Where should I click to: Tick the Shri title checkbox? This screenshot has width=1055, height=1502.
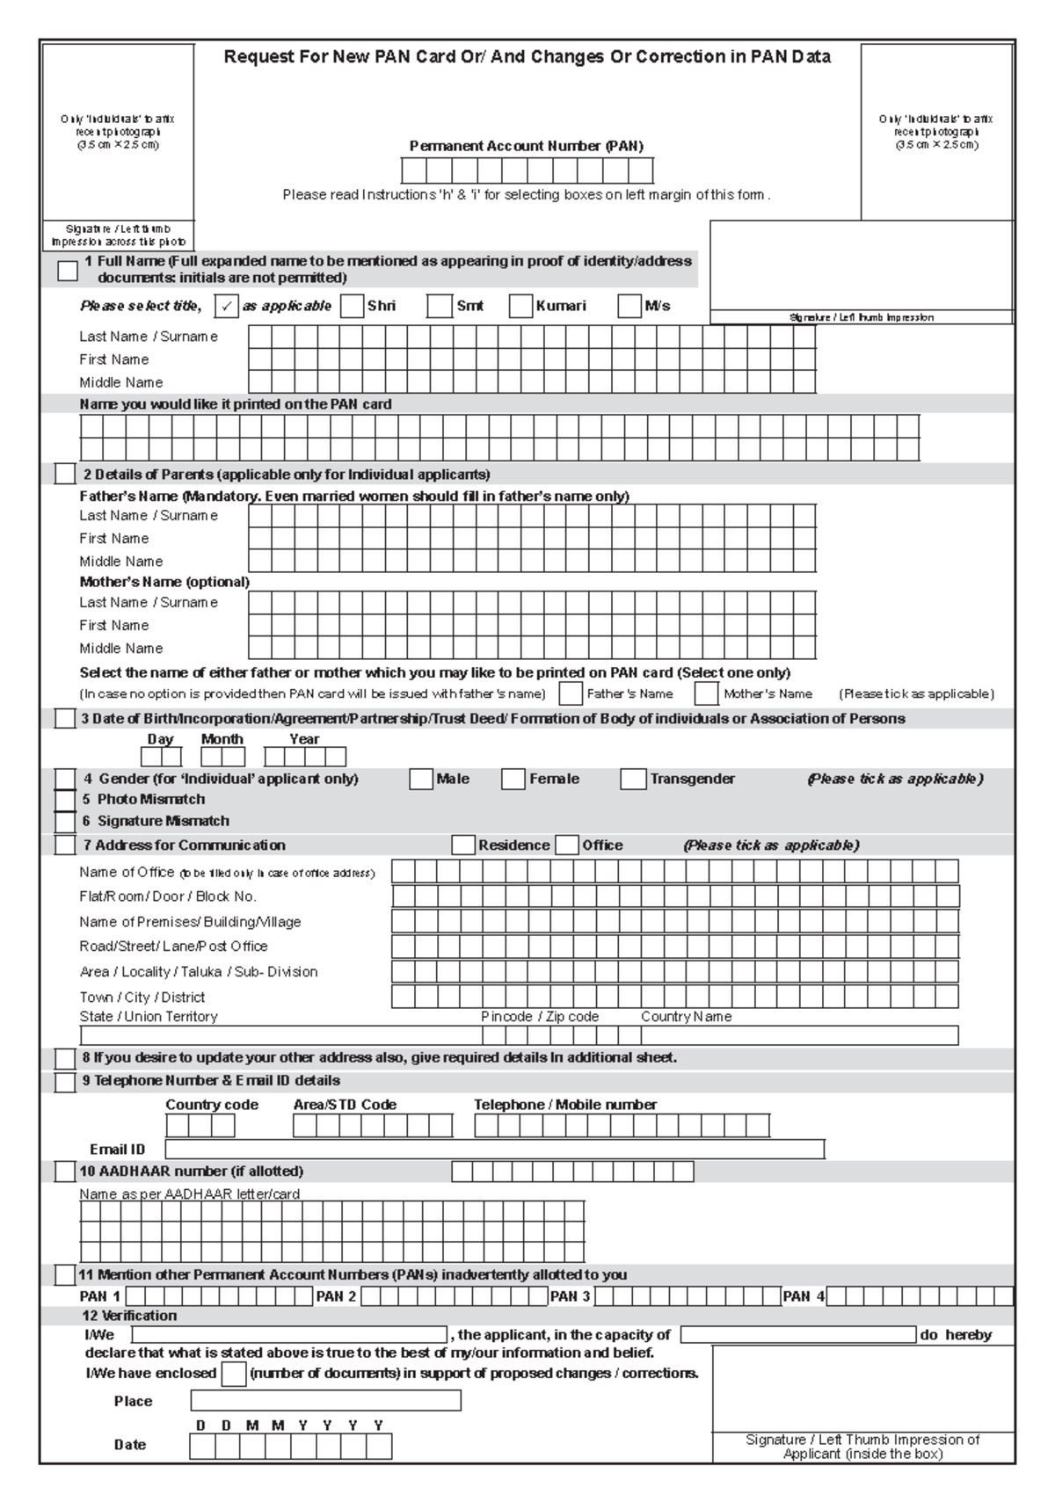(x=352, y=306)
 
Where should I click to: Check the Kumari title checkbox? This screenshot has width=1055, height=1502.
(x=521, y=306)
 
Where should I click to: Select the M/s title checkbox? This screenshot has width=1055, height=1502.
(x=629, y=306)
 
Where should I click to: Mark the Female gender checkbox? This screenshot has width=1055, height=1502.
(x=513, y=779)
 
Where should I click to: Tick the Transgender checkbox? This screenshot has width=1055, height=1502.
(x=633, y=779)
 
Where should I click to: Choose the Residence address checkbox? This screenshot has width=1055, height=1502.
(x=463, y=845)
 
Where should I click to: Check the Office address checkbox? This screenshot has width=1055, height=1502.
(x=568, y=845)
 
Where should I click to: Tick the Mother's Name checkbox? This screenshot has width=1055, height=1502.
(x=707, y=693)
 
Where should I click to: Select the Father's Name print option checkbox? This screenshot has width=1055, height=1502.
(x=571, y=693)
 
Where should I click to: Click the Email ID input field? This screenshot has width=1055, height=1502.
(x=494, y=1150)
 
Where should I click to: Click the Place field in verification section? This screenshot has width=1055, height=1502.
(x=325, y=1401)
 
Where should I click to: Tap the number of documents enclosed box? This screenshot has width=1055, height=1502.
(x=234, y=1374)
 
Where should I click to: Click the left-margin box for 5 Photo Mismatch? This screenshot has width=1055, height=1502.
(x=65, y=800)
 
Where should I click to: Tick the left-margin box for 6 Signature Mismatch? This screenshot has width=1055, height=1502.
(x=65, y=822)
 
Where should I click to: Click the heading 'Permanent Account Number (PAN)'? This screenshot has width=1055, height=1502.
(x=527, y=146)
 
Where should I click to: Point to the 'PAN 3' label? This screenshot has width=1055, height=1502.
(x=570, y=1296)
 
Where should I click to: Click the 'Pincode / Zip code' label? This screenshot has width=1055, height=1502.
(x=540, y=1017)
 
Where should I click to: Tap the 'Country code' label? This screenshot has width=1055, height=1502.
(x=212, y=1105)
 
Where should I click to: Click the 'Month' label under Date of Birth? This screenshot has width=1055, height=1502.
(x=222, y=739)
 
